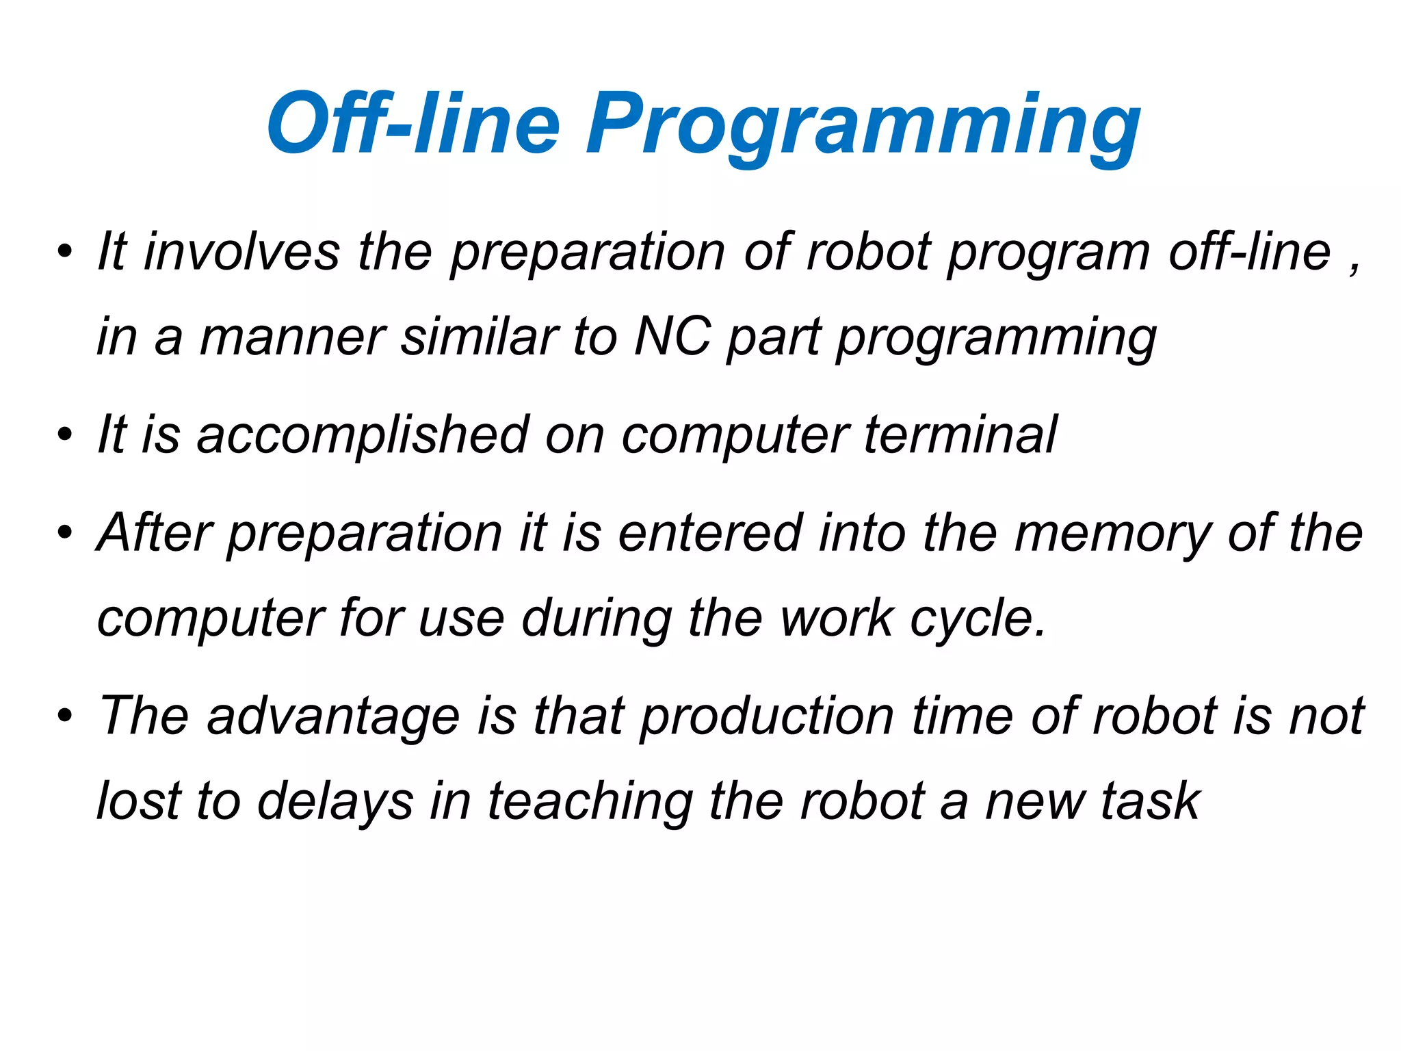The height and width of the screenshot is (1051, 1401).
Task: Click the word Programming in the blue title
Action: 863,127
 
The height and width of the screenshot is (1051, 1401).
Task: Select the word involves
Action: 241,252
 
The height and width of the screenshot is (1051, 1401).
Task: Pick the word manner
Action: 293,338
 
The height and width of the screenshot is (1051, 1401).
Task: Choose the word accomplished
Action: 363,435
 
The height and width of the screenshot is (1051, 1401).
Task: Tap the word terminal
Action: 960,434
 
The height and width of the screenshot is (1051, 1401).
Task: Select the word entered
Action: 710,533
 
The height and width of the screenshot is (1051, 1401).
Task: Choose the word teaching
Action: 590,801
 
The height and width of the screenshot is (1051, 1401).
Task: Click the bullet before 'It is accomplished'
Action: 65,435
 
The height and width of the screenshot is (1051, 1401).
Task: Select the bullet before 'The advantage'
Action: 65,716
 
